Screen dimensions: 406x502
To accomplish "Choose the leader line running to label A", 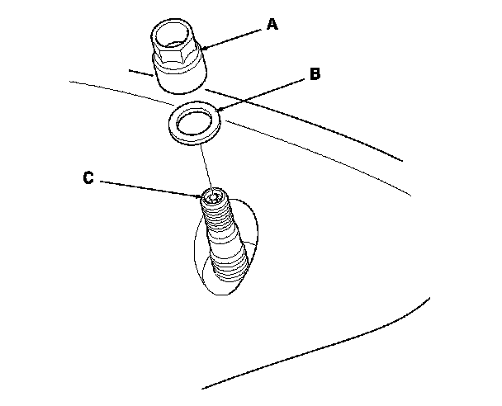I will (x=235, y=38).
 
